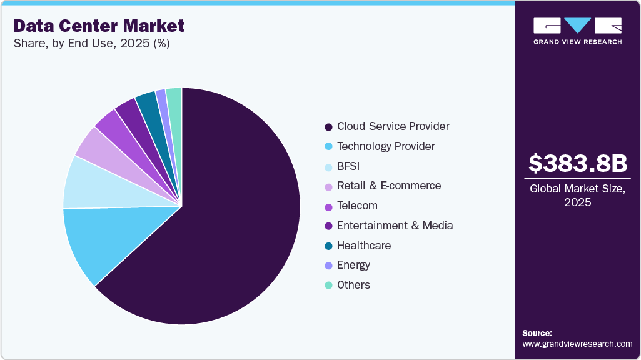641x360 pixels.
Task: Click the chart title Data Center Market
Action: pyautogui.click(x=99, y=26)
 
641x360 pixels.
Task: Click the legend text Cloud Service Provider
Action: pyautogui.click(x=393, y=126)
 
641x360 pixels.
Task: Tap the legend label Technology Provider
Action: pyautogui.click(x=386, y=146)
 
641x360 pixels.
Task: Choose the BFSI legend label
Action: pyautogui.click(x=348, y=166)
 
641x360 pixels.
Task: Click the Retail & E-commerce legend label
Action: pyautogui.click(x=388, y=186)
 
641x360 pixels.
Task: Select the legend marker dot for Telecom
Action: pyautogui.click(x=328, y=206)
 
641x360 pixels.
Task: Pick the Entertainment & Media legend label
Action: pyautogui.click(x=395, y=226)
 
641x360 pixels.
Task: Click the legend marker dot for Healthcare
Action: pyautogui.click(x=328, y=246)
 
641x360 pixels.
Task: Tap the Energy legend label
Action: pyautogui.click(x=353, y=265)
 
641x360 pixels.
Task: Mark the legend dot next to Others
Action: pyautogui.click(x=328, y=286)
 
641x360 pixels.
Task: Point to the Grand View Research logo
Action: pyautogui.click(x=577, y=31)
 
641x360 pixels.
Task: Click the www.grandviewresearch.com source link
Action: pyautogui.click(x=577, y=344)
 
